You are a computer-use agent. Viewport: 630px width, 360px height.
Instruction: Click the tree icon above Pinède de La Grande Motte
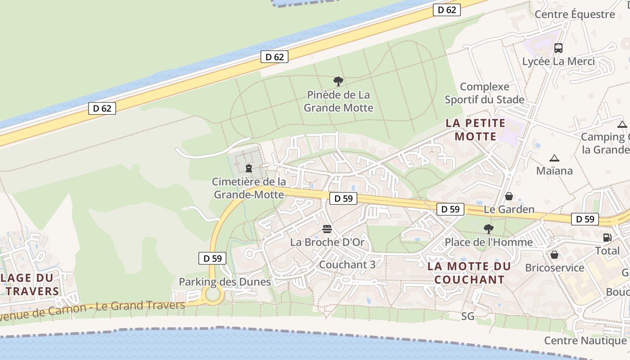click(x=338, y=81)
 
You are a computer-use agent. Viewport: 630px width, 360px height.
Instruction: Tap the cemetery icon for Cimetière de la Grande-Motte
click(x=248, y=168)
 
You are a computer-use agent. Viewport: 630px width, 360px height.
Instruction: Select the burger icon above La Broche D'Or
click(x=327, y=229)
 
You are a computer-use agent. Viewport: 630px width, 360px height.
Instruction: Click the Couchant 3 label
click(x=347, y=265)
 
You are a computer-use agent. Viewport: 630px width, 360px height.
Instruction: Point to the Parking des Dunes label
click(x=225, y=282)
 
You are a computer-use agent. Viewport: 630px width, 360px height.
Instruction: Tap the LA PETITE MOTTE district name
click(x=476, y=129)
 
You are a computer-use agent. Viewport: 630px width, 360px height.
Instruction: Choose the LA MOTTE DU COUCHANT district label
click(x=469, y=273)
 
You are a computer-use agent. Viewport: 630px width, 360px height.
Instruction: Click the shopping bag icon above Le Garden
click(x=509, y=196)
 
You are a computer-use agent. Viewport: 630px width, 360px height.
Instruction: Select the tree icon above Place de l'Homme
click(x=488, y=229)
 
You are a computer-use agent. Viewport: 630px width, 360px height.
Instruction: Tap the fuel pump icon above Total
click(x=607, y=237)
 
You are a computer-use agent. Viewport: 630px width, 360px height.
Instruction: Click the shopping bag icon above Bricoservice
click(x=554, y=255)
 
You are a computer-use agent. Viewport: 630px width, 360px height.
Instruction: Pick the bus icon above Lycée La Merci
click(x=558, y=48)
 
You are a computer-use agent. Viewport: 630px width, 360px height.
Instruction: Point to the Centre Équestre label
click(x=575, y=14)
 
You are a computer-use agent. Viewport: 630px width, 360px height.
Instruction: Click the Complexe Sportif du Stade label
click(x=485, y=93)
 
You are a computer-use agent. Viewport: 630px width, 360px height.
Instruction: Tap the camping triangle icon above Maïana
click(x=554, y=158)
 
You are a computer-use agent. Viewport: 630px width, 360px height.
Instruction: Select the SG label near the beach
click(x=468, y=316)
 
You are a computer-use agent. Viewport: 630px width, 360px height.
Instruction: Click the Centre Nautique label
click(x=585, y=341)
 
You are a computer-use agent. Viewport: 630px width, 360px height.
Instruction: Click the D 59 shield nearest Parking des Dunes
click(x=212, y=258)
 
